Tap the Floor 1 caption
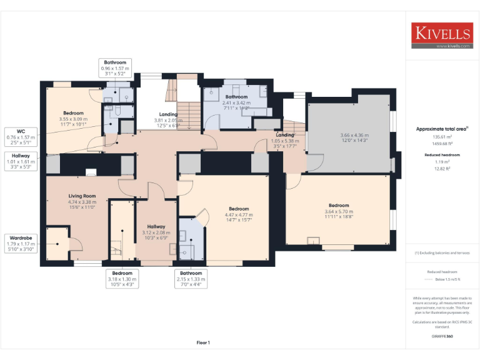pyautogui.click(x=203, y=342)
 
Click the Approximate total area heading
pyautogui.click(x=442, y=129)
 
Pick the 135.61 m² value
pyautogui.click(x=442, y=136)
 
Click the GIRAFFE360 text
pyautogui.click(x=442, y=336)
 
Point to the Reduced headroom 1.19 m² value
pyautogui.click(x=442, y=162)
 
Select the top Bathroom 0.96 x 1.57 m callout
pyautogui.click(x=115, y=67)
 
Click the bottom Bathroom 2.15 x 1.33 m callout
pyautogui.click(x=191, y=278)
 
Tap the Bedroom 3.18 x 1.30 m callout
pyautogui.click(x=122, y=278)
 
